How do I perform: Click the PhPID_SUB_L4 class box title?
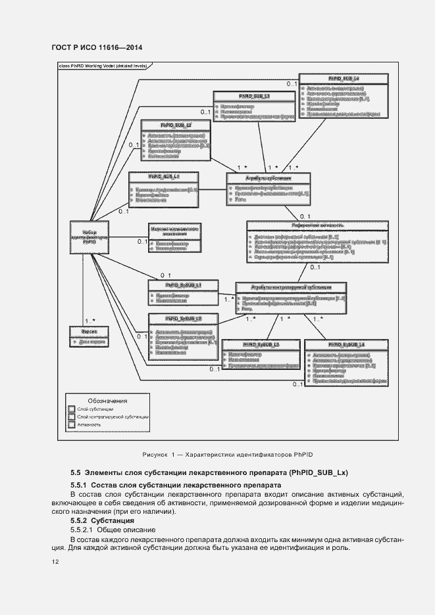(343, 79)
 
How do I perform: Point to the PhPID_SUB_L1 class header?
(164, 177)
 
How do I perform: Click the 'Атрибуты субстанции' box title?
(268, 178)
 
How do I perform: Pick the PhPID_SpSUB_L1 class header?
(183, 285)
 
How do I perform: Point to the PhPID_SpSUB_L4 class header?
(345, 344)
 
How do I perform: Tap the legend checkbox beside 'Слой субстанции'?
(72, 409)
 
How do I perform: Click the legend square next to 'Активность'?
(72, 425)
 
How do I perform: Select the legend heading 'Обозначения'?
(107, 400)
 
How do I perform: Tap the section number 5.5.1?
(82, 485)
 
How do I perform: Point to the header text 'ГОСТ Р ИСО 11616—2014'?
(96, 47)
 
